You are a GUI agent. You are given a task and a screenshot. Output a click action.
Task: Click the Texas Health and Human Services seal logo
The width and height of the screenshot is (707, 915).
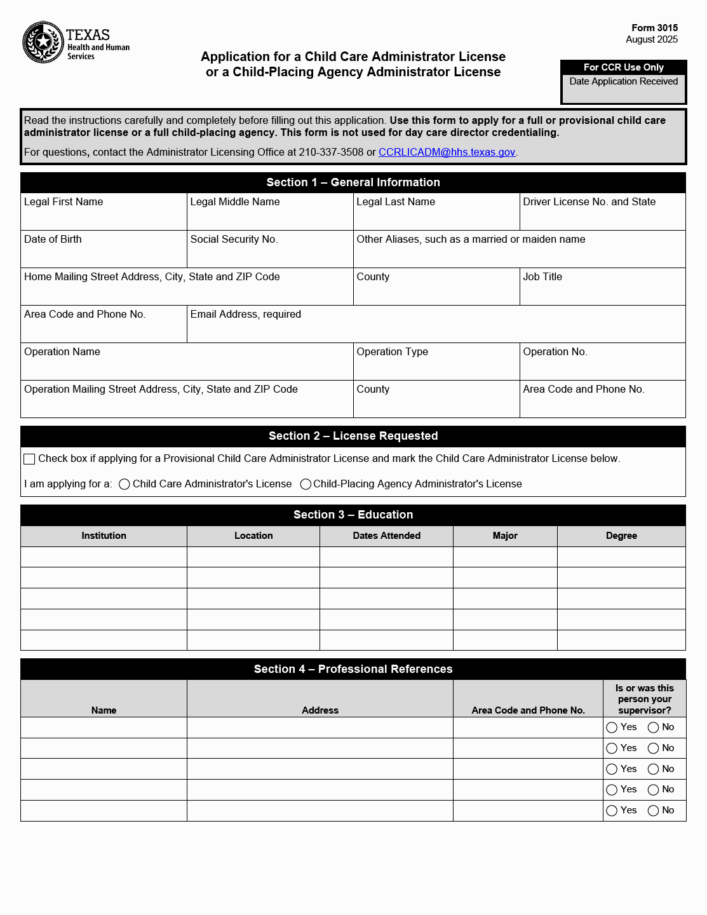[43, 43]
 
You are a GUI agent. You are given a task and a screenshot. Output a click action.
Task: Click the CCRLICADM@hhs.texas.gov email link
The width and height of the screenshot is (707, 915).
[447, 152]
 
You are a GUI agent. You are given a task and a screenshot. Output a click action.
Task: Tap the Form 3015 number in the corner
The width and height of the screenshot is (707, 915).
[654, 28]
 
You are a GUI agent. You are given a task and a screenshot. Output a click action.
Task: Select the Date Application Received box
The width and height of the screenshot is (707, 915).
[623, 89]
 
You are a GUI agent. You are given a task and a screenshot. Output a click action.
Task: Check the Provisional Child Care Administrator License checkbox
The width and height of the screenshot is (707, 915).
[29, 459]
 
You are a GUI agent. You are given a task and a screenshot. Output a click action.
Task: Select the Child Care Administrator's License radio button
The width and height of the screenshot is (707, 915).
[125, 484]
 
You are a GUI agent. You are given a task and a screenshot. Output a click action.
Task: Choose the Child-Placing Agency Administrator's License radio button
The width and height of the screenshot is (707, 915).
[306, 484]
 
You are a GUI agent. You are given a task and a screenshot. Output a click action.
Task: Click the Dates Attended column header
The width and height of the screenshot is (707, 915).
[386, 536]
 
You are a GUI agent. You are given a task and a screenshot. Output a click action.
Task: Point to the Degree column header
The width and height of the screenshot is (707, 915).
[621, 536]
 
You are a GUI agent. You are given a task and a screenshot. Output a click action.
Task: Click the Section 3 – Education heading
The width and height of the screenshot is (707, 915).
[353, 515]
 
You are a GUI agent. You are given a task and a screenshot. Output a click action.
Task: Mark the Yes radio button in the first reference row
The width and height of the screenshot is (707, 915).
[612, 728]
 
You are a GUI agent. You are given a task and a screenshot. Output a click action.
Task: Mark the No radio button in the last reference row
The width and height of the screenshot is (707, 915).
[653, 811]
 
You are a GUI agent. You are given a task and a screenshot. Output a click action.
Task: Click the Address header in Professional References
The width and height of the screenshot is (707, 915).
[320, 710]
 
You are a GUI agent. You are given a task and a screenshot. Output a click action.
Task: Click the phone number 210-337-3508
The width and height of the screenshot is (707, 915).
[331, 152]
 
